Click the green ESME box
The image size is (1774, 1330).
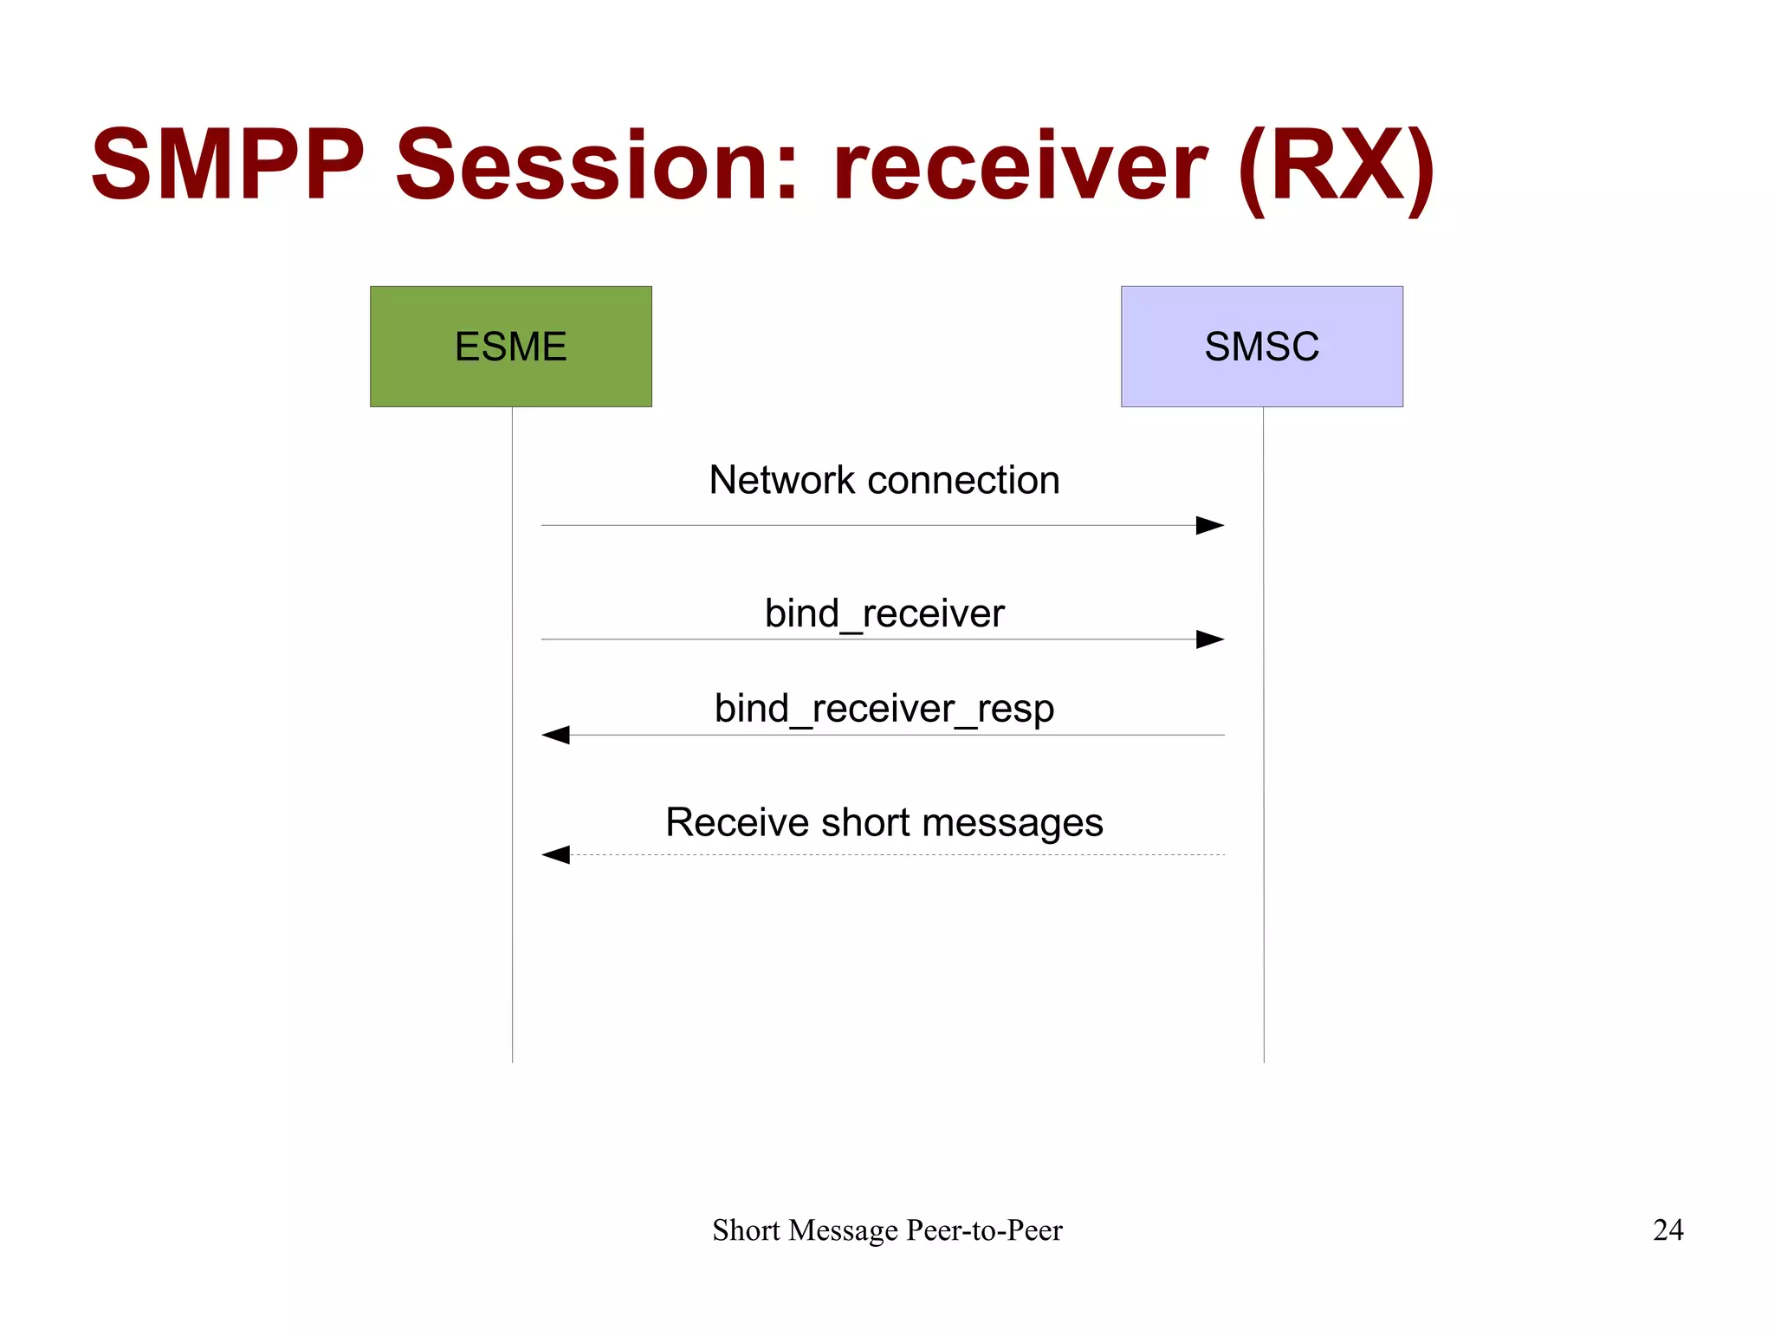pyautogui.click(x=510, y=346)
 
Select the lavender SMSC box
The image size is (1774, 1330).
pyautogui.click(x=1261, y=346)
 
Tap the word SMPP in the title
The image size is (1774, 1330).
pyautogui.click(x=227, y=165)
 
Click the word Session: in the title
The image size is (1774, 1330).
pyautogui.click(x=596, y=165)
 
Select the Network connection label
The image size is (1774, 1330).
pyautogui.click(x=884, y=480)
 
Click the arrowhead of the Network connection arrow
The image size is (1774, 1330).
pyautogui.click(x=1211, y=525)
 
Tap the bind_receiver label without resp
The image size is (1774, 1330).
pyautogui.click(x=884, y=613)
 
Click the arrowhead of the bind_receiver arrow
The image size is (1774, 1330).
pyautogui.click(x=1211, y=639)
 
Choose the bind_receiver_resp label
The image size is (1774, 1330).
pyautogui.click(x=884, y=709)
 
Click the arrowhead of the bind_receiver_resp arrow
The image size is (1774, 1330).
pyautogui.click(x=554, y=735)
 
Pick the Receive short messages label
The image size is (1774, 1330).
pyautogui.click(x=884, y=822)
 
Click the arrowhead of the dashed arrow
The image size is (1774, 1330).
pyautogui.click(x=554, y=855)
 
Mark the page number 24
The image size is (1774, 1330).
pyautogui.click(x=1667, y=1229)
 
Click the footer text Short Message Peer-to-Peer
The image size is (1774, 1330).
pyautogui.click(x=887, y=1229)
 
